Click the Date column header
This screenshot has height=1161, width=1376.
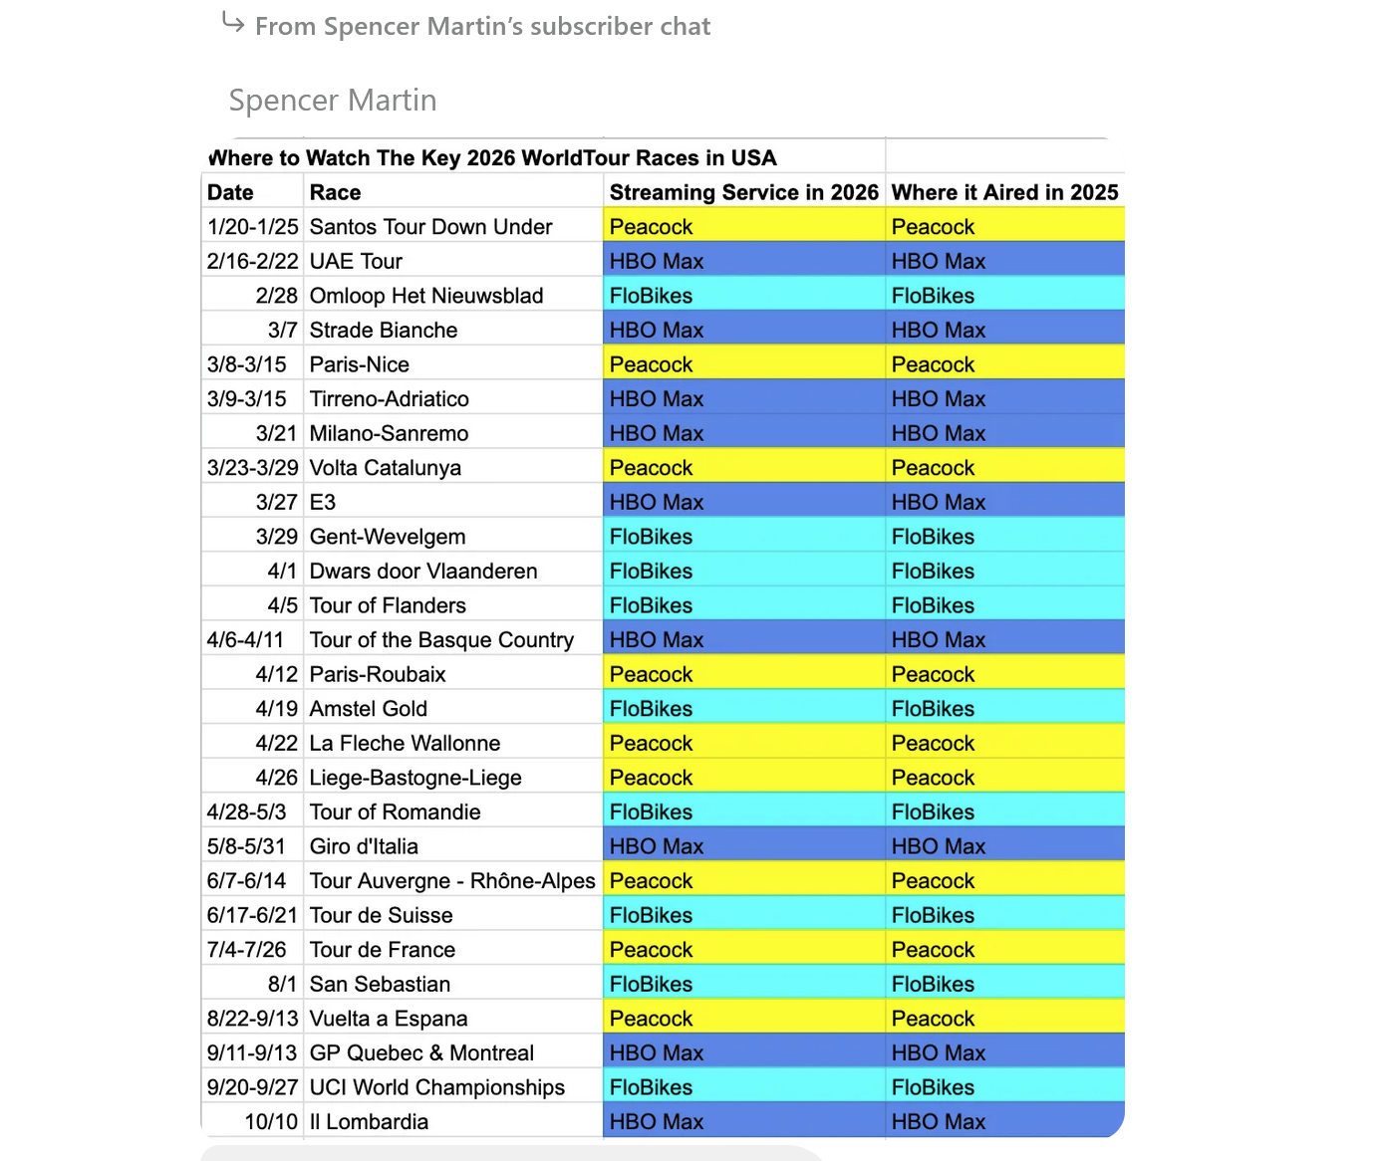[x=230, y=192]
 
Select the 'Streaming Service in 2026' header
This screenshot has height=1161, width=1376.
[x=743, y=192]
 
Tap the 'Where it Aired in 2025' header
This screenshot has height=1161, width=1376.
[x=1004, y=192]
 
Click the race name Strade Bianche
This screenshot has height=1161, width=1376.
[x=384, y=330]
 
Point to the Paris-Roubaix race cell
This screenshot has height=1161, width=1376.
[x=378, y=674]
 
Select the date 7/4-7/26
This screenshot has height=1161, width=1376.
[x=246, y=950]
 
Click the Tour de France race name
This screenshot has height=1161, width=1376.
[x=383, y=950]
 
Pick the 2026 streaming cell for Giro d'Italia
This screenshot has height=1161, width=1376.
[x=657, y=846]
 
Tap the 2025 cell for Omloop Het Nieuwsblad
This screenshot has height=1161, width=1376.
[x=933, y=296]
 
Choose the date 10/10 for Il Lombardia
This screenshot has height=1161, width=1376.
[x=271, y=1122]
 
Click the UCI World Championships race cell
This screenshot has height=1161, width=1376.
[x=437, y=1087]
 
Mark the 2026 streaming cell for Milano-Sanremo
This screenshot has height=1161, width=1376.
[x=657, y=433]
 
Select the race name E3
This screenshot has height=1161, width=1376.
[x=323, y=502]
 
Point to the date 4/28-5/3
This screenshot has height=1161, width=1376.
[x=246, y=813]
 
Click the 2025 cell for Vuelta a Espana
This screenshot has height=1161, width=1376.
[x=933, y=1019]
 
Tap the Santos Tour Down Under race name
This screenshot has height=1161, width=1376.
[x=430, y=227]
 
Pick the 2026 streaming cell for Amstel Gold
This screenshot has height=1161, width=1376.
[x=651, y=709]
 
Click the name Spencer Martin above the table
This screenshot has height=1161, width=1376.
[x=333, y=101]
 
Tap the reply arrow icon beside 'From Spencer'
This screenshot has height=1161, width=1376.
[x=233, y=22]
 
